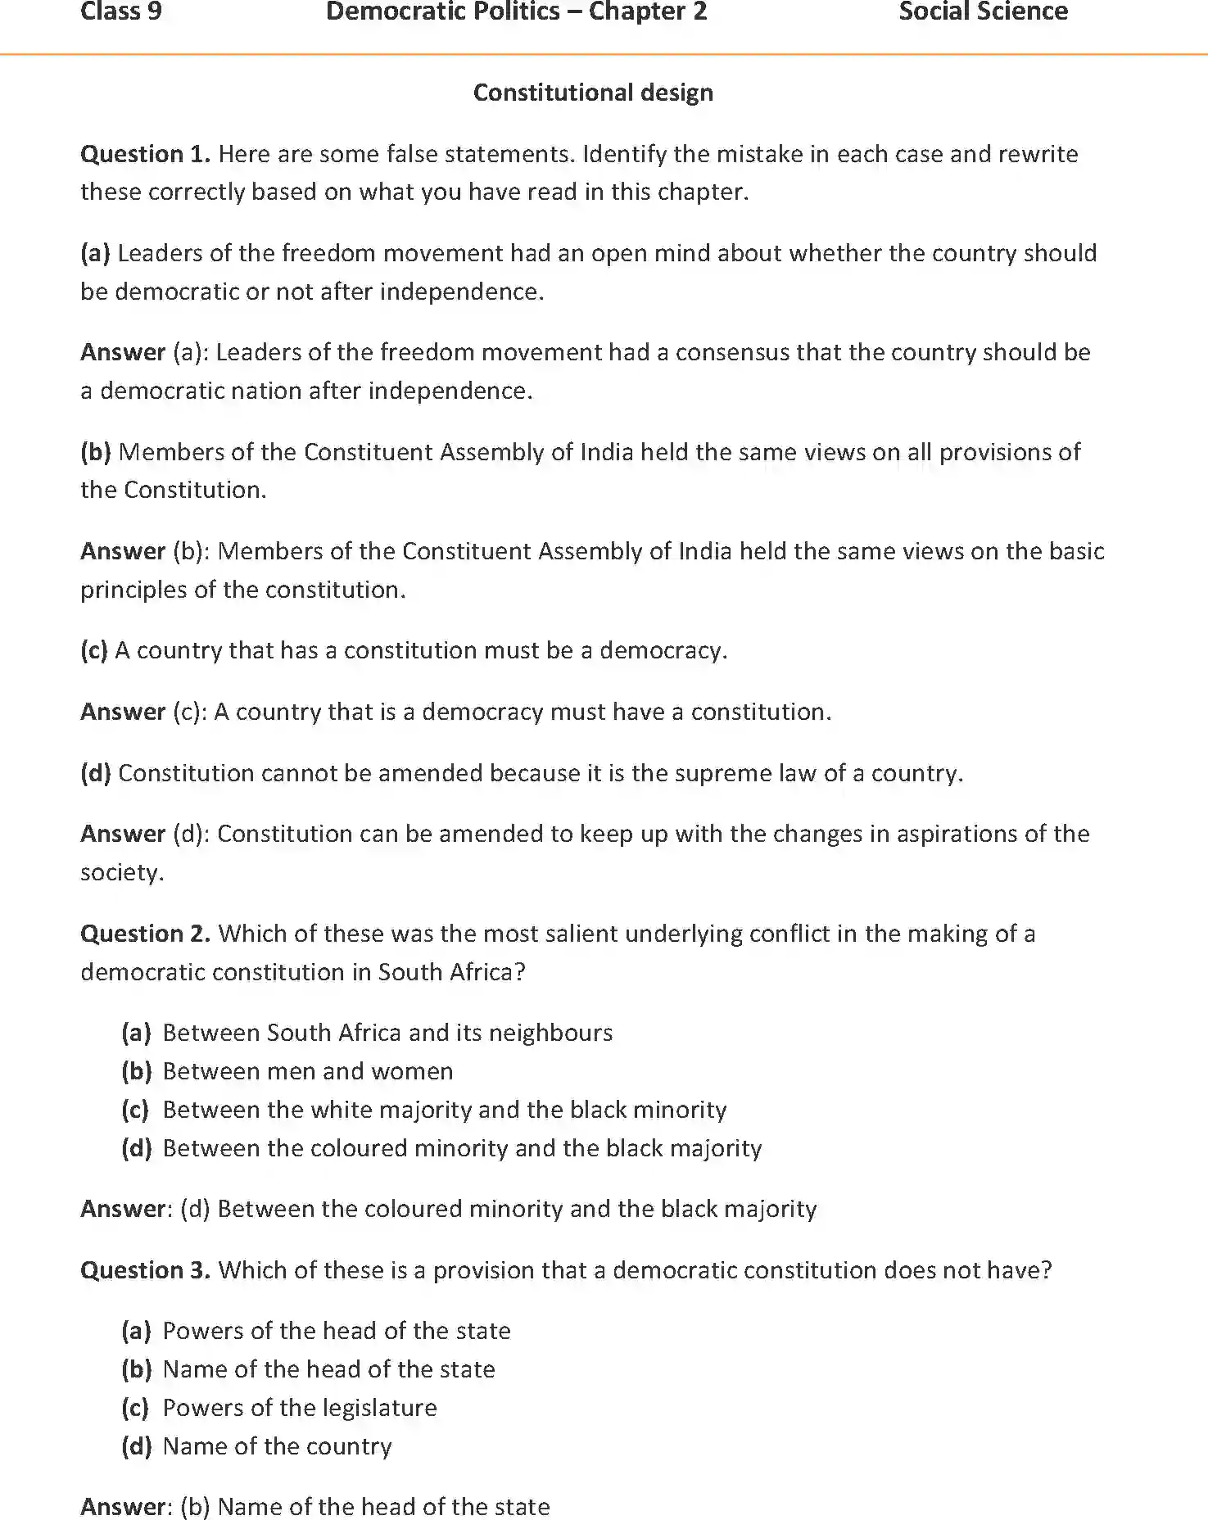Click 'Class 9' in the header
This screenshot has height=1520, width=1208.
click(x=121, y=12)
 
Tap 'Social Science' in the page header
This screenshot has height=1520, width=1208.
click(x=983, y=12)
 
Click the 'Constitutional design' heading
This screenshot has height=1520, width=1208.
click(x=593, y=93)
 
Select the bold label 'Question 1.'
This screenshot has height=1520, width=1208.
click(x=145, y=154)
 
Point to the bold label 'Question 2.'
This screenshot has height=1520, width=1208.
click(x=145, y=934)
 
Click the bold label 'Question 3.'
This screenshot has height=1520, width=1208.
click(x=145, y=1270)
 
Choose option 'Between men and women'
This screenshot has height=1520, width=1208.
click(x=308, y=1071)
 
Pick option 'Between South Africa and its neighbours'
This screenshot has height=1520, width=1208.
click(x=387, y=1033)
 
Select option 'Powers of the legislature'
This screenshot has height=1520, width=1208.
click(x=300, y=1408)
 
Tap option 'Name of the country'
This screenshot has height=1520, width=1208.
click(x=277, y=1446)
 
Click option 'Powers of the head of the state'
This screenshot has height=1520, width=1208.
click(x=337, y=1331)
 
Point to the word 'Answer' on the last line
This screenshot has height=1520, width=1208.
click(x=123, y=1507)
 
